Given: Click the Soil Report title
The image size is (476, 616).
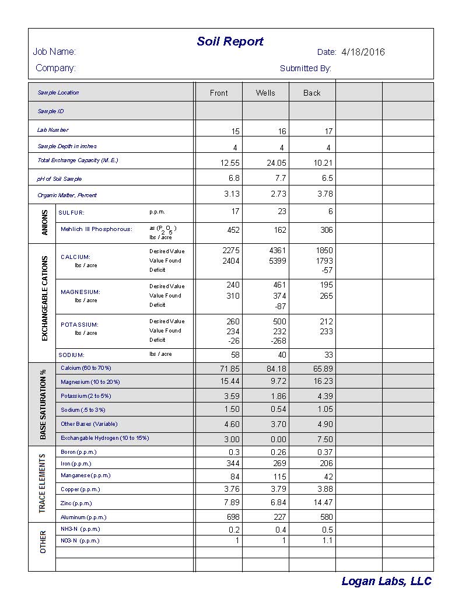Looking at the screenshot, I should click(230, 41).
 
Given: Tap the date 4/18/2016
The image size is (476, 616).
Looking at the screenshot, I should click(363, 52).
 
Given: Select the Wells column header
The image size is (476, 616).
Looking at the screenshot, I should click(265, 93).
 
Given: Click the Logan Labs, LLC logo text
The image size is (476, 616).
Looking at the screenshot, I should click(386, 581).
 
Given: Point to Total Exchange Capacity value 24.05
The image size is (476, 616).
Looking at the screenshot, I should click(276, 163).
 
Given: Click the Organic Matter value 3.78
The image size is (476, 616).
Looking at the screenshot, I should click(325, 194).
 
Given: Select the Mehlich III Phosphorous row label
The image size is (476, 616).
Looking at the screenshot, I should click(96, 229).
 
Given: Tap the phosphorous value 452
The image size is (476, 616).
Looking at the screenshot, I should click(233, 230).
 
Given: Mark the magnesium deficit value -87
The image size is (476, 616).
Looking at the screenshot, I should click(280, 306).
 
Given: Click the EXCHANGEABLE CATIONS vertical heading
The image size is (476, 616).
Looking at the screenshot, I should click(45, 298).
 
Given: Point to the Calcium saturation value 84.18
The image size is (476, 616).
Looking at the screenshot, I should click(276, 369).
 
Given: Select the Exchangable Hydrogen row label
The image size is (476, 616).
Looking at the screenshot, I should click(104, 438).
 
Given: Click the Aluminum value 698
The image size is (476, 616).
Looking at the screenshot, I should click(233, 517).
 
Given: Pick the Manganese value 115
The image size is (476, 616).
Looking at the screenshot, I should click(280, 477).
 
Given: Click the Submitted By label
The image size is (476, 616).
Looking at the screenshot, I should click(305, 68).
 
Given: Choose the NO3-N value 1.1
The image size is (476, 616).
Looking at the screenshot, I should click(327, 541).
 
